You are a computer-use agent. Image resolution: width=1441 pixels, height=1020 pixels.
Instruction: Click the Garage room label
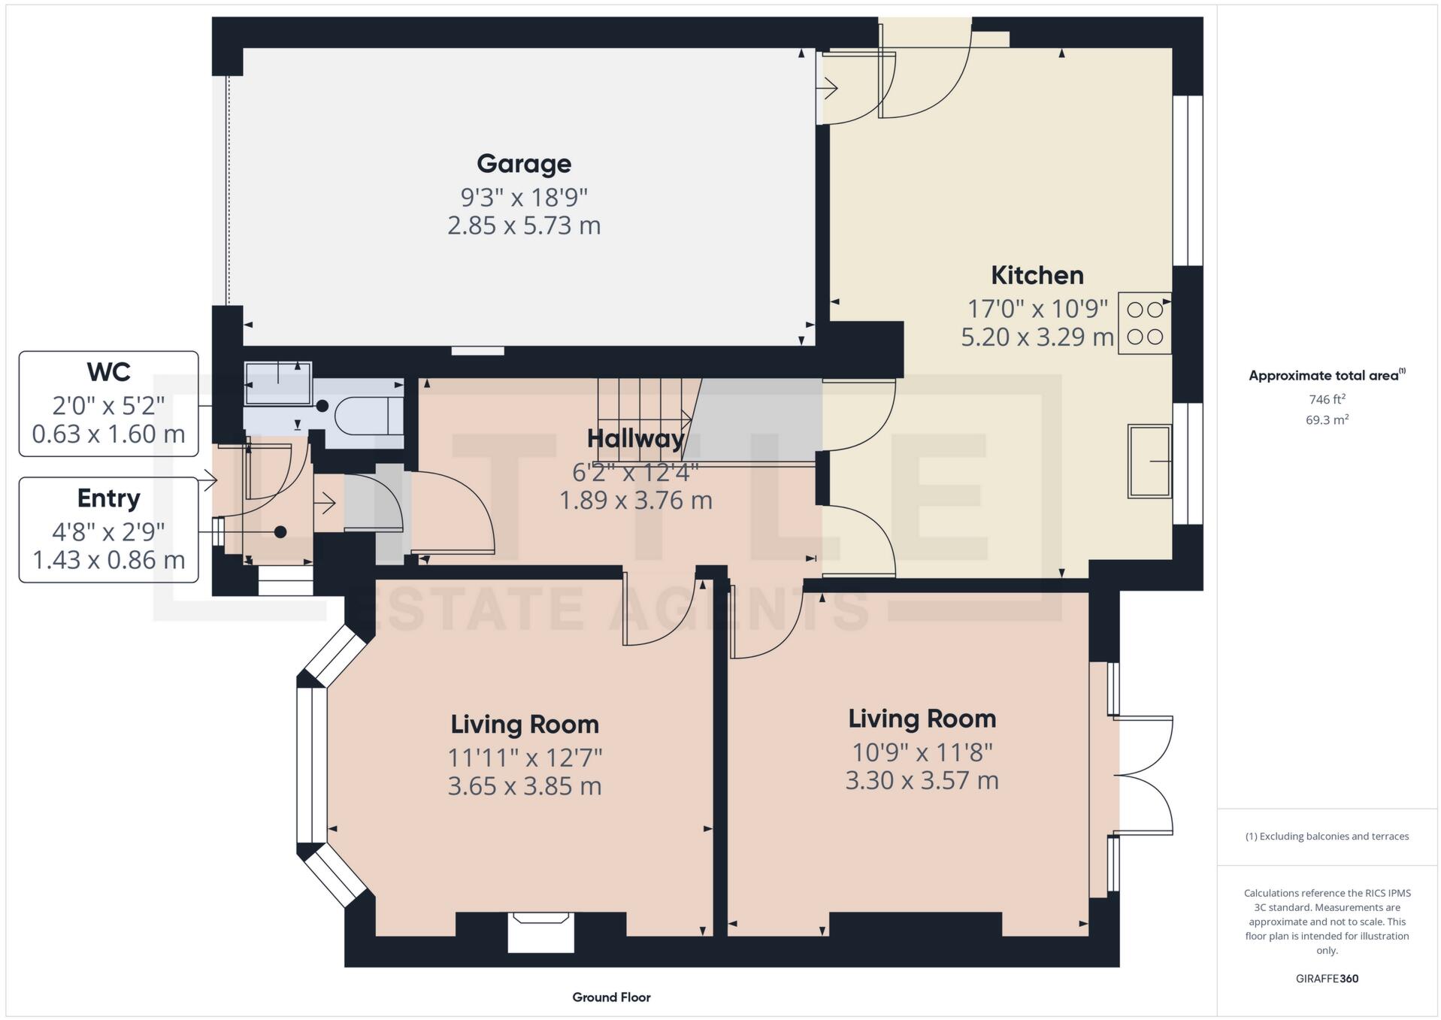coord(524,163)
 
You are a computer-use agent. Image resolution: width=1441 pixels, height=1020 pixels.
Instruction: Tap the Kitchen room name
coord(1037,275)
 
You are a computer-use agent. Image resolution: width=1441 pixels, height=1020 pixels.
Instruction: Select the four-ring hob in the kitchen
coord(1144,323)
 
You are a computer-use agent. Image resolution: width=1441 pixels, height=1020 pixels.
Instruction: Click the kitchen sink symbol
coord(1149,461)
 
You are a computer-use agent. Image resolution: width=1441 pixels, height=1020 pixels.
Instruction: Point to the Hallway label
coord(635,438)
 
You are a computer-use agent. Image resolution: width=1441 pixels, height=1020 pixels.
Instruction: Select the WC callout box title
coord(109,372)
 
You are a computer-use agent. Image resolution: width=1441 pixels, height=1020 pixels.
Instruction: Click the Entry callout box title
coord(109,498)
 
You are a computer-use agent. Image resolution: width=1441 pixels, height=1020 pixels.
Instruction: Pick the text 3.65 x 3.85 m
coord(524,786)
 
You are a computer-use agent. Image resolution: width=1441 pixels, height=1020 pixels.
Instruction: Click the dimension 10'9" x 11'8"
coord(922,752)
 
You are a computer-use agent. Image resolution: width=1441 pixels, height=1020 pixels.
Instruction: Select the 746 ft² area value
coord(1327,400)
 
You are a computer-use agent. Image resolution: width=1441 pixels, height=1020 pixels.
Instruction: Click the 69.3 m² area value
coord(1327,420)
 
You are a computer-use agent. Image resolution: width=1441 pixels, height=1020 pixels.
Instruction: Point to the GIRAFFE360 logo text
coord(1327,979)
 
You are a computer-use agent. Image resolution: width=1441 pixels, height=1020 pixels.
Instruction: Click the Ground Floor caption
coord(611,997)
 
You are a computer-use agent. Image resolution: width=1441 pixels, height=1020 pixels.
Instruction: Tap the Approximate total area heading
coord(1326,375)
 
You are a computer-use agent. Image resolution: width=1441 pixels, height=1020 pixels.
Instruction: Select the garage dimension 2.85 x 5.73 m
coord(524,225)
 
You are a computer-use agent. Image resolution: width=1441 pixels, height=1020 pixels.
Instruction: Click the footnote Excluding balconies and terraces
coord(1327,837)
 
